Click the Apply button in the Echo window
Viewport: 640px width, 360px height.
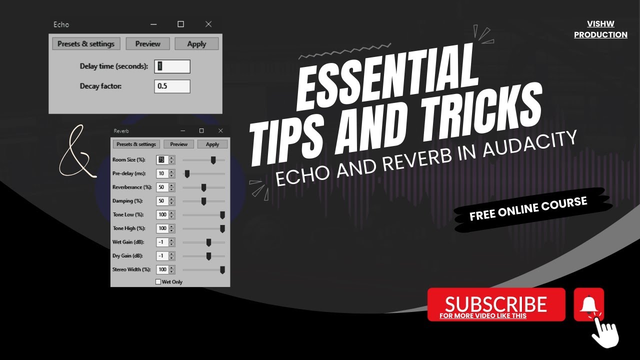tap(196, 44)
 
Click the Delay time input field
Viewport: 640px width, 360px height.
tap(172, 66)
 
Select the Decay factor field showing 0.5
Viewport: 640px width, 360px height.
tap(172, 86)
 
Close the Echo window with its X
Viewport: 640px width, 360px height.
tap(208, 24)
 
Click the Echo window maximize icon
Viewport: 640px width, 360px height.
tap(181, 24)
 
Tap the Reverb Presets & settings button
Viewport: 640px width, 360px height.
tap(136, 144)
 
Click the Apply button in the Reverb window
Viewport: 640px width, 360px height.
tap(212, 144)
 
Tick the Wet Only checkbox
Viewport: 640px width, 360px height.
tap(158, 282)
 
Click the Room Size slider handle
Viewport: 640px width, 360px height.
tap(213, 160)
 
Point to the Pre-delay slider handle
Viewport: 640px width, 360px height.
tap(187, 173)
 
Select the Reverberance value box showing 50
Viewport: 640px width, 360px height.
tap(162, 187)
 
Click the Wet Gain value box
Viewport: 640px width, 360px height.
tap(162, 242)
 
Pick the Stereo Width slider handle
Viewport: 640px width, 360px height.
tap(222, 269)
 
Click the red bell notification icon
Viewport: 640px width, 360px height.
tap(589, 304)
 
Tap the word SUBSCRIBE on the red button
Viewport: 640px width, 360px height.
tap(495, 303)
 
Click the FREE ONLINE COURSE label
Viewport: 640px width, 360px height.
tap(528, 208)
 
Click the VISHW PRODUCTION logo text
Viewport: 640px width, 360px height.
tap(600, 29)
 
